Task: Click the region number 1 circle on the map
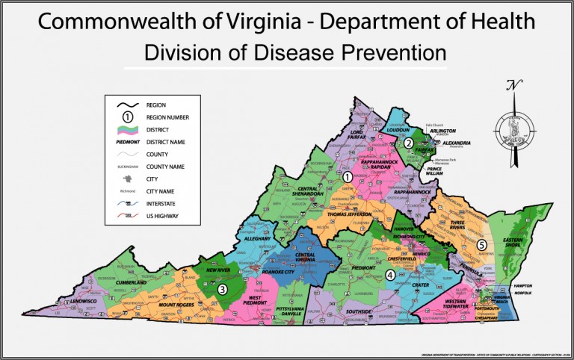point(348,177)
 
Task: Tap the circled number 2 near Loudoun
point(409,143)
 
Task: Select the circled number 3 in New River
point(222,289)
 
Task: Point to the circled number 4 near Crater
point(391,275)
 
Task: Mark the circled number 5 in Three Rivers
point(482,245)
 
